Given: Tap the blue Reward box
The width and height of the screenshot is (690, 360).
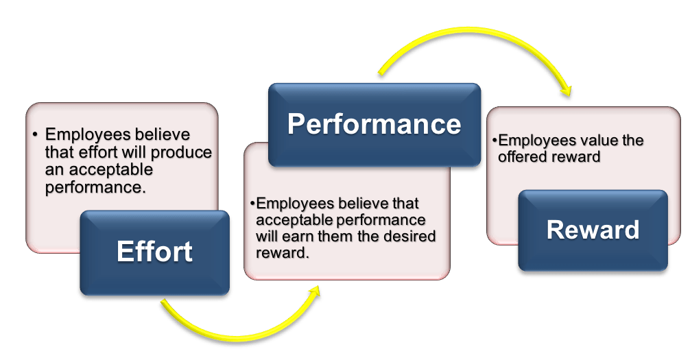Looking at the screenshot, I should click(592, 254).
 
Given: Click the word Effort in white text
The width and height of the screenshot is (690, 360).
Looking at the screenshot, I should click(154, 252).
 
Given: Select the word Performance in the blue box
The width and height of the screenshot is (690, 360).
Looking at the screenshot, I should click(374, 124).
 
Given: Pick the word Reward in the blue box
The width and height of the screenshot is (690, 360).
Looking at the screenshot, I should click(593, 230).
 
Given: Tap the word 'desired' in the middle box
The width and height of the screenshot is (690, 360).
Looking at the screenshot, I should click(412, 237).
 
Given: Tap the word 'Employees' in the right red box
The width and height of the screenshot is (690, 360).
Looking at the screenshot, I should click(536, 141).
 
